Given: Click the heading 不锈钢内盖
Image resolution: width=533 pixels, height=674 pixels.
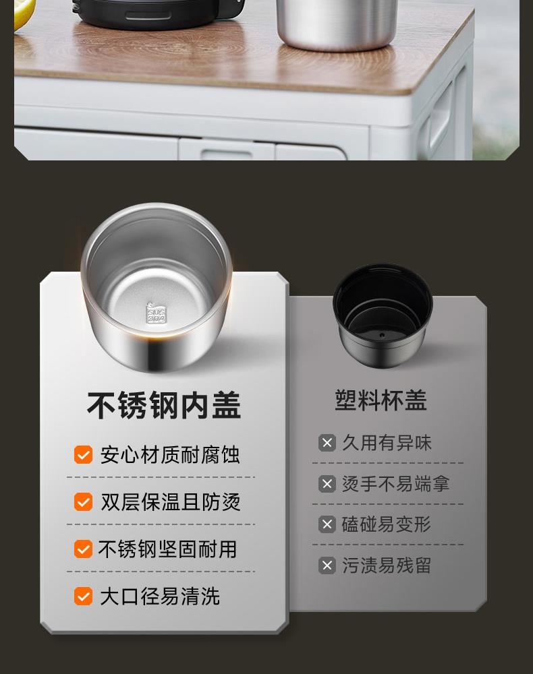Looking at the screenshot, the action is (164, 405).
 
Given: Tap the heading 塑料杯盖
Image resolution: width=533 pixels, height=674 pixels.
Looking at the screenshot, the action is (381, 400).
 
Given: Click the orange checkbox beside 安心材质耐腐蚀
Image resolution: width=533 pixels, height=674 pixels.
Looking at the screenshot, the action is (83, 455).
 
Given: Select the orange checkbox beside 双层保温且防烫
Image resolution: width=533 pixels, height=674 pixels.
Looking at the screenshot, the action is (83, 501).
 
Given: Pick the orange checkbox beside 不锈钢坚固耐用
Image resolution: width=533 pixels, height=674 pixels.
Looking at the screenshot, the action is (83, 549).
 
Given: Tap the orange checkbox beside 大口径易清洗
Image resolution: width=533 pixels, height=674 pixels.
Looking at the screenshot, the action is (83, 596).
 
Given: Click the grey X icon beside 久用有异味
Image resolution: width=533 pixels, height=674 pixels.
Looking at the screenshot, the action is (327, 443).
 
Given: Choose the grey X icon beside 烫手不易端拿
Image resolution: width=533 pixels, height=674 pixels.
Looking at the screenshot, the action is (327, 483).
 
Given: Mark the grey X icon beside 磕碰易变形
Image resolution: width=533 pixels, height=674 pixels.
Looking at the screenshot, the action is (327, 524).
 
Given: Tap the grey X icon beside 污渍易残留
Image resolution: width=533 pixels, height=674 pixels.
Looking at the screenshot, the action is (327, 565).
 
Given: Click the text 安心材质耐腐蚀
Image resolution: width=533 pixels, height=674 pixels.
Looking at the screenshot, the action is (170, 455).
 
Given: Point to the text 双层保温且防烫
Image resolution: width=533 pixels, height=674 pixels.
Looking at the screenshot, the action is (170, 501).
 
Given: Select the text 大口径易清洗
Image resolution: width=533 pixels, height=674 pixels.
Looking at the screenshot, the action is (160, 596).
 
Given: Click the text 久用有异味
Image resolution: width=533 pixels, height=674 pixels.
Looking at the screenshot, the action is (387, 443).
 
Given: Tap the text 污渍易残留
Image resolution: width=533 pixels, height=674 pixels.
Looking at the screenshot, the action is (387, 565).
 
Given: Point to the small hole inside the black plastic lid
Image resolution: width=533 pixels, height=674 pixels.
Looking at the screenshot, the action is (382, 334).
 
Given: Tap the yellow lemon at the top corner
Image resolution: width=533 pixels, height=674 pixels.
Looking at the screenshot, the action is (22, 13).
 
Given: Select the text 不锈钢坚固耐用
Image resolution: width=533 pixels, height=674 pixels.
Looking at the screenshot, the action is (168, 549).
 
